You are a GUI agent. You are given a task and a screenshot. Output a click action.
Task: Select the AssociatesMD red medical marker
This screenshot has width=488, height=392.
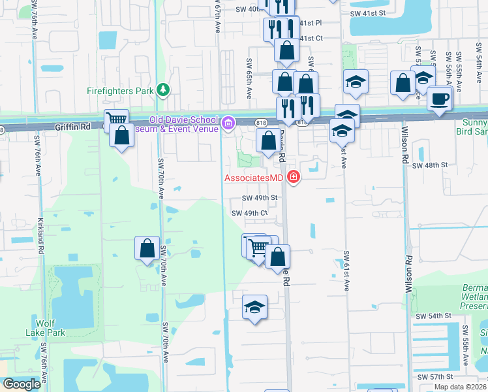coord(294,177)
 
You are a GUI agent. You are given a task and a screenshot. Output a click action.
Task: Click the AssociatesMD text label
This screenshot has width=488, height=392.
coord(254,178)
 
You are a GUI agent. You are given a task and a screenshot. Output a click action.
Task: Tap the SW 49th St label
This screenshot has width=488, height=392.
coord(260,198)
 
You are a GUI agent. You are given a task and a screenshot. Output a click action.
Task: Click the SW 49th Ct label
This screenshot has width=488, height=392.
coord(250,213)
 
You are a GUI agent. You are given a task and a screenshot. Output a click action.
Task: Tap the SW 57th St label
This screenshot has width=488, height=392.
coord(435,378)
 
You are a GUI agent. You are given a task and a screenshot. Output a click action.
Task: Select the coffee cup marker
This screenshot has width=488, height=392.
coord(438,99)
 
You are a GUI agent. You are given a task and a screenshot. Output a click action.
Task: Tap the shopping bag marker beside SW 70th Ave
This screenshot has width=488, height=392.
coord(147,248)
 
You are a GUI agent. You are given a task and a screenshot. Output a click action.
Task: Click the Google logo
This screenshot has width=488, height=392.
coord(22,384)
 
